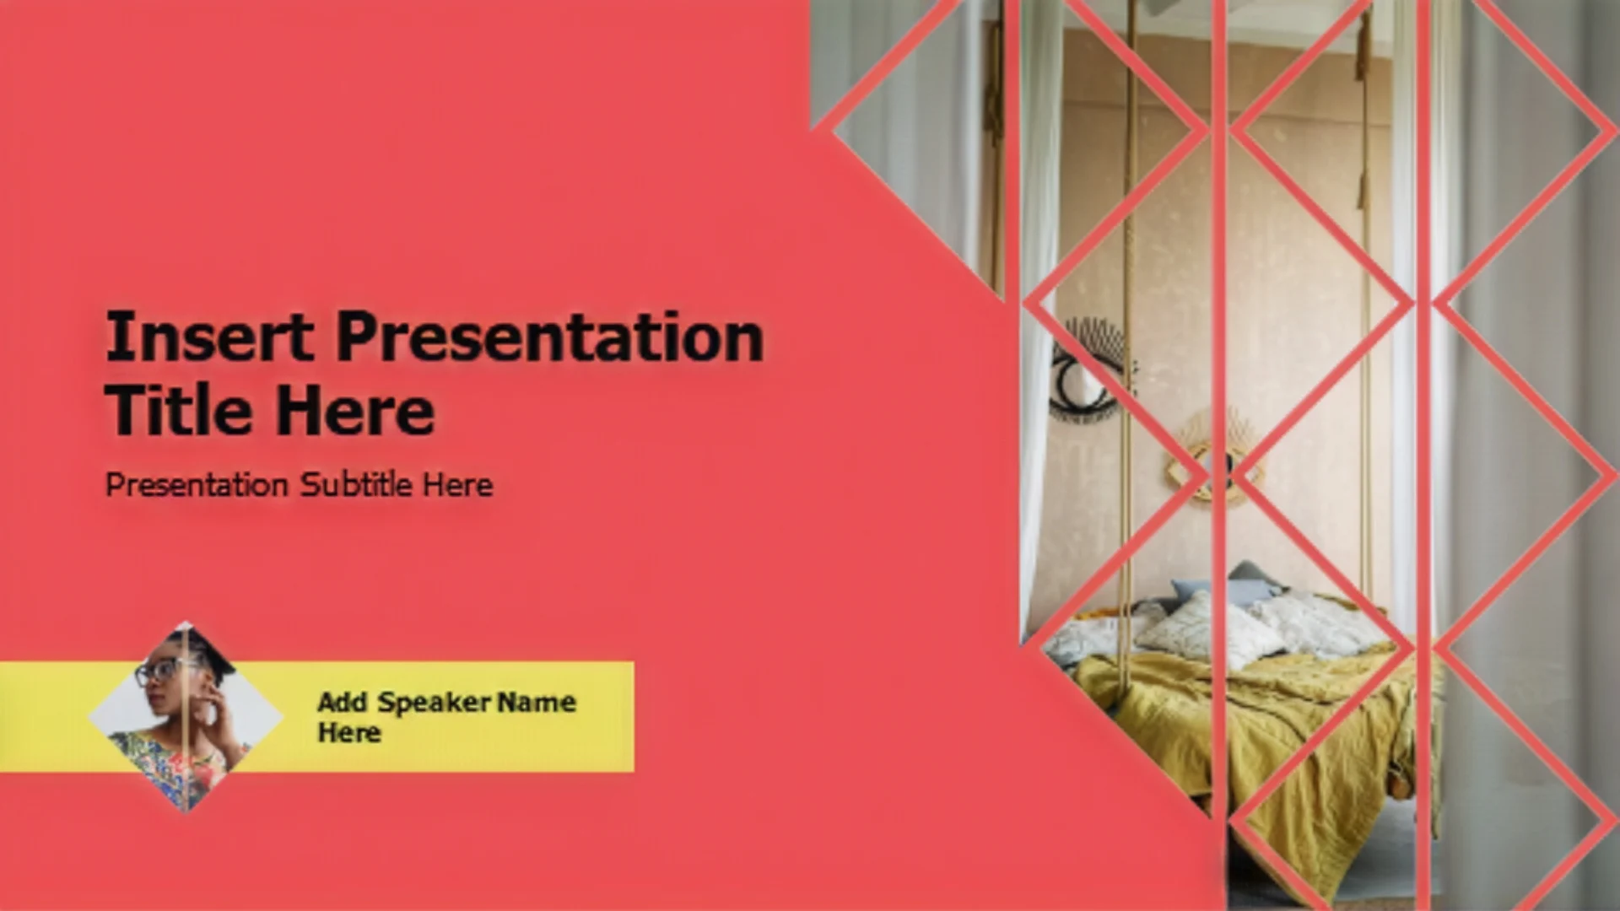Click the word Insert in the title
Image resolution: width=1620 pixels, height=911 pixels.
coord(210,337)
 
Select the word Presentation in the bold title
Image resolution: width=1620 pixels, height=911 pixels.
coord(550,337)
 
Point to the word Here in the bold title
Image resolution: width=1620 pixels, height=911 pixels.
coord(355,409)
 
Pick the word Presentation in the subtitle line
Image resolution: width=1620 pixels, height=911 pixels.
coord(197,485)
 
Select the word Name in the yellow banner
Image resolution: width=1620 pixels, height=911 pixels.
coord(537,702)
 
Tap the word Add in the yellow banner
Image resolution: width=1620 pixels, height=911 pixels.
coord(343,702)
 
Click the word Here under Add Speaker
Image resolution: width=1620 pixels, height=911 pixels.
coord(348,732)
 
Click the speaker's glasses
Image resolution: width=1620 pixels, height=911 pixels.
coord(160,671)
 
